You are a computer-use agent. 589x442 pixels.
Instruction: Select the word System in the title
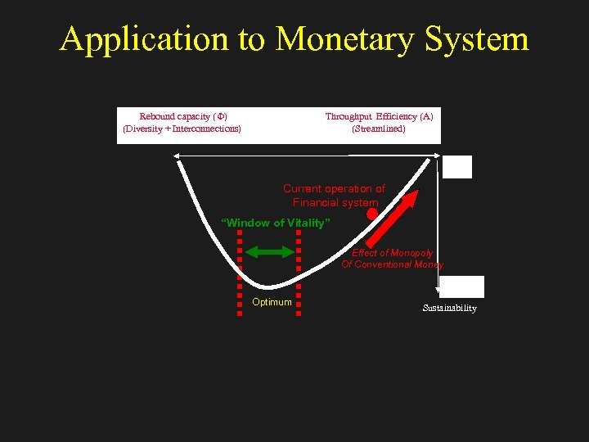482,38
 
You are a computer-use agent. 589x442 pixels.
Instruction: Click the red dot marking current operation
371,214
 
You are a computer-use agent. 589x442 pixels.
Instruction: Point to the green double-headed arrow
269,252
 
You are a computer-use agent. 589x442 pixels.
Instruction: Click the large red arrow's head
411,197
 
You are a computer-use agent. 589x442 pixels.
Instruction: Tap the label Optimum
272,302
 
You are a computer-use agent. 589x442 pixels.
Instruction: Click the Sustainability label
449,308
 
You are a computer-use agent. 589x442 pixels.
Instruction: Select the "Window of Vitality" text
277,223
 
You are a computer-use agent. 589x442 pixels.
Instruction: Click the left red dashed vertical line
240,270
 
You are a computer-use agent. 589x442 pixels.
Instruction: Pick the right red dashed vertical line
298,270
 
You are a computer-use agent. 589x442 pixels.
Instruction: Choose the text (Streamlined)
378,129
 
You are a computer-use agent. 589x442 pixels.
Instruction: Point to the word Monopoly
411,253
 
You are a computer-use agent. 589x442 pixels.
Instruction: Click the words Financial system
335,202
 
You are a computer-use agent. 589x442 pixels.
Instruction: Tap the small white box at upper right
458,167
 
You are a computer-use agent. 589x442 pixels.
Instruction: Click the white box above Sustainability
464,286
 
